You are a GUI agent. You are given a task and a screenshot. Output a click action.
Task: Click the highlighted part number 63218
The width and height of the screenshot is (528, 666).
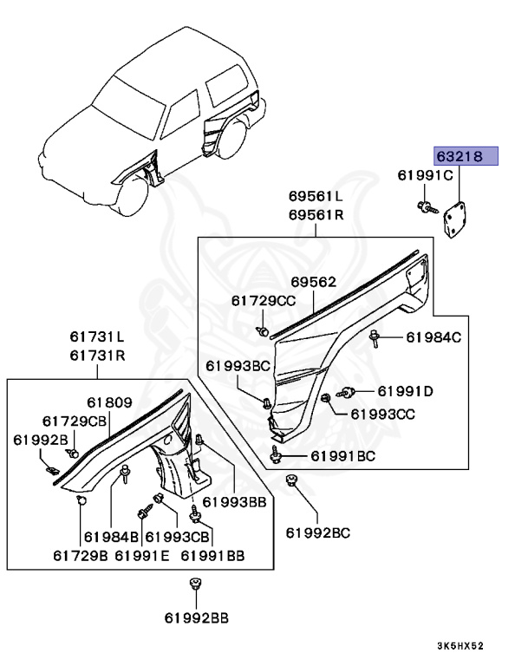coord(466,158)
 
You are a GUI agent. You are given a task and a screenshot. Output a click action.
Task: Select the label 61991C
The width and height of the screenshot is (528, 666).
coord(426,176)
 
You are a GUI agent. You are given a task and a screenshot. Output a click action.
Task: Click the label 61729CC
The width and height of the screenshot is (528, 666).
coord(264,301)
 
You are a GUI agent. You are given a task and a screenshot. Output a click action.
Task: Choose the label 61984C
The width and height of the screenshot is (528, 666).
coord(434,337)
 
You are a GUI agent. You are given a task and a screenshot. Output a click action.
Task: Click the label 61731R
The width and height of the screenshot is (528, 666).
coord(98,356)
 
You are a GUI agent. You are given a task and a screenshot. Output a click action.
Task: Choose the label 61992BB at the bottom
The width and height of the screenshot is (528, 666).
coord(196,617)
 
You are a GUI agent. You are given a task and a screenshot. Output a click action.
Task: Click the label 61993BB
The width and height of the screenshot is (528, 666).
coord(234,502)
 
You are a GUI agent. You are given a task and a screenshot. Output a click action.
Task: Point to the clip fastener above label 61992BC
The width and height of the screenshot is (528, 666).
coord(292,483)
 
